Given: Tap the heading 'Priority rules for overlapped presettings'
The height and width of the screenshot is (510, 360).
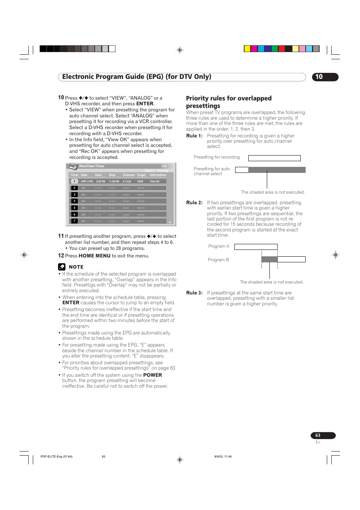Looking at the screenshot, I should [x=228, y=102].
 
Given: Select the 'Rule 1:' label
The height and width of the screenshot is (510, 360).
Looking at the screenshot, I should [x=194, y=136].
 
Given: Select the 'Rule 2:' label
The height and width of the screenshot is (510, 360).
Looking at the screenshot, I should [x=194, y=203].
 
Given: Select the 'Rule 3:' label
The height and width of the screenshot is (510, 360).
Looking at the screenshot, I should [x=194, y=293].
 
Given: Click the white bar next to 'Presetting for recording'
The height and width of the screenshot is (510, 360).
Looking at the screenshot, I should [x=274, y=158].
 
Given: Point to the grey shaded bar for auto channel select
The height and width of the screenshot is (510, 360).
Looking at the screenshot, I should [x=277, y=170].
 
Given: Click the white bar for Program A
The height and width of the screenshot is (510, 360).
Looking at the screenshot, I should [x=256, y=247].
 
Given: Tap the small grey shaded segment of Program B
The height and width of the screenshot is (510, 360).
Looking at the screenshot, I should [x=269, y=259].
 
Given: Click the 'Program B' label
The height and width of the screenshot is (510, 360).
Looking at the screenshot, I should [x=218, y=260].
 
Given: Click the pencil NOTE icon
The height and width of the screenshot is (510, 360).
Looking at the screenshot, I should [x=62, y=267].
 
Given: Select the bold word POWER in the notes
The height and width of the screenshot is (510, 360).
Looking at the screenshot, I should [x=152, y=375].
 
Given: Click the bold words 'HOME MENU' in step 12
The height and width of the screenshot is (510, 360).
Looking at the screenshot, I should [x=94, y=256].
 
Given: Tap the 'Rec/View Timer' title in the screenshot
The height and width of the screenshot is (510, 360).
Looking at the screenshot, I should [x=92, y=166].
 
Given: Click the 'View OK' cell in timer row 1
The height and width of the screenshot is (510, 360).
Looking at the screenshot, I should [x=155, y=182].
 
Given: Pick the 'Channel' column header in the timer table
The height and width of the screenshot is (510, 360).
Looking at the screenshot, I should [x=128, y=175].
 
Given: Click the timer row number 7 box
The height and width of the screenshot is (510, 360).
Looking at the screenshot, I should [x=74, y=221].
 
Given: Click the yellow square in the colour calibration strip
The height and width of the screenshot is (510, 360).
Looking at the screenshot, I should [x=247, y=49].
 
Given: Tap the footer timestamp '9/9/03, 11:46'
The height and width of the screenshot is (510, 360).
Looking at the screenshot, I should [x=223, y=456].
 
